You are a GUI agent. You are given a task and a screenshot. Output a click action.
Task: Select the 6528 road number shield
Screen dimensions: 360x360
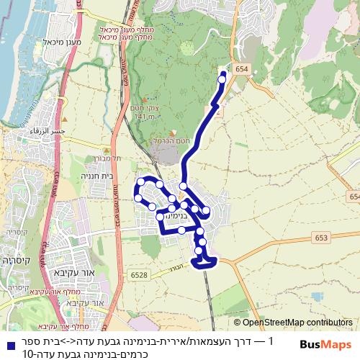click(x=139, y=274)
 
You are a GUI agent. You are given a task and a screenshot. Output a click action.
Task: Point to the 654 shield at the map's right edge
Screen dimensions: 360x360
click(x=354, y=197)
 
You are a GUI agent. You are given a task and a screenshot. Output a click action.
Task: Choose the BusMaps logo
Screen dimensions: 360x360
click(x=325, y=344)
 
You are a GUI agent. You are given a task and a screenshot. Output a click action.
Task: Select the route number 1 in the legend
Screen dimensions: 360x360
click(x=271, y=341)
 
